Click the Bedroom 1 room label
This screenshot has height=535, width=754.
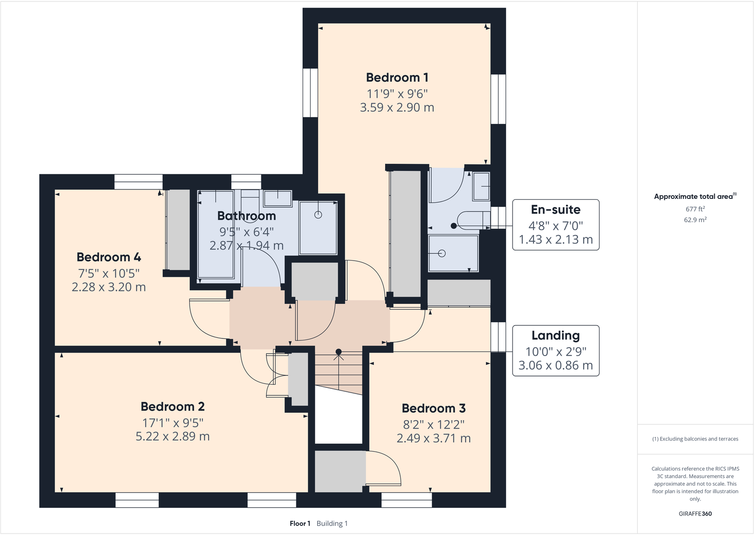[x=397, y=77]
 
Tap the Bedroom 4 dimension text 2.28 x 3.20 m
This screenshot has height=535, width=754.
[x=109, y=287]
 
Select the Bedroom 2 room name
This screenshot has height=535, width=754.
[x=173, y=407]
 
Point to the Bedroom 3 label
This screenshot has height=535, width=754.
[x=433, y=408]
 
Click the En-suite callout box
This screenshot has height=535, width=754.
[x=556, y=225]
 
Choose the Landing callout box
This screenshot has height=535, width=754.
[x=556, y=351]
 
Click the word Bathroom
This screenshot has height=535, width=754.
[x=246, y=216]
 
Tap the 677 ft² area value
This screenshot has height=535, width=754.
[x=695, y=209]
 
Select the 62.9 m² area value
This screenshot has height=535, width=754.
[x=695, y=220]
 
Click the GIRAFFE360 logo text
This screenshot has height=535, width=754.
[x=695, y=514]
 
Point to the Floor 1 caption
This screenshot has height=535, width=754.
[x=300, y=524]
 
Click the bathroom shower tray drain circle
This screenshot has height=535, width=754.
[x=318, y=215]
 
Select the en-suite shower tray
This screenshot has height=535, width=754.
[x=453, y=253]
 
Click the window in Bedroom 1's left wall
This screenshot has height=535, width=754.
[x=310, y=93]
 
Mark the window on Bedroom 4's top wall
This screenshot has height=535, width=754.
[x=138, y=182]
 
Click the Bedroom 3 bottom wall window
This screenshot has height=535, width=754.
[x=406, y=500]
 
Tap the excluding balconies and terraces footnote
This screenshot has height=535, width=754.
[x=695, y=439]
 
